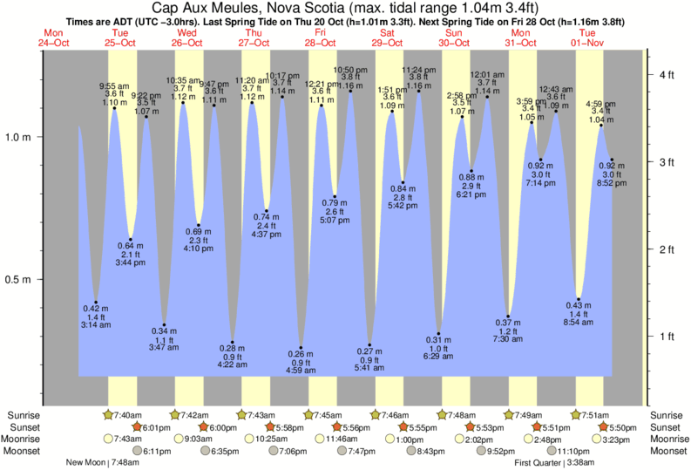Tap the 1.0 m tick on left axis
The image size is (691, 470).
[18, 138]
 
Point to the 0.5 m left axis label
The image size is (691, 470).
[18, 280]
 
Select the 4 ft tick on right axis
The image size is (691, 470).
[666, 76]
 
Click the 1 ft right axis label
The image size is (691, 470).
[666, 337]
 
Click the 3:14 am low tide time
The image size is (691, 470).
[96, 325]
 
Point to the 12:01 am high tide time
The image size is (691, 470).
[486, 75]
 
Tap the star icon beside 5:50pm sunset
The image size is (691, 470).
[606, 427]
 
